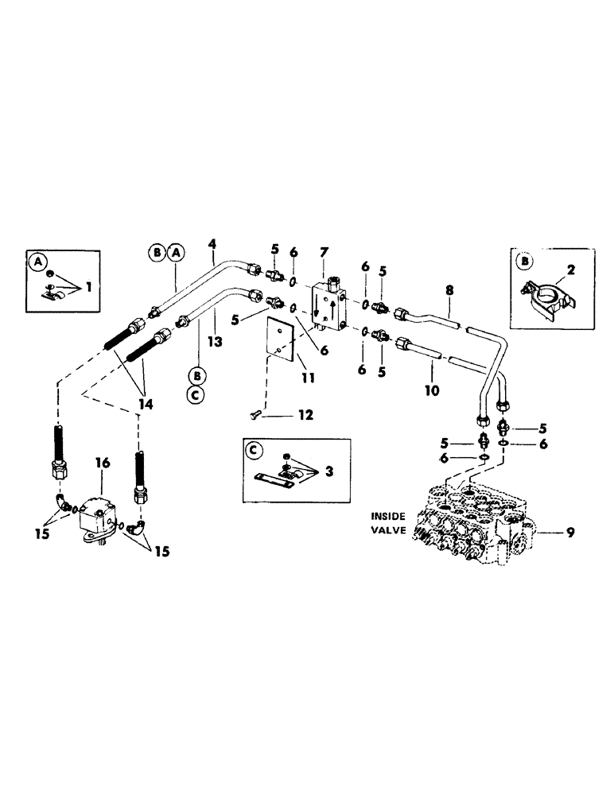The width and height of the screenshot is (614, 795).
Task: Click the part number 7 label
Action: click(x=324, y=252)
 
